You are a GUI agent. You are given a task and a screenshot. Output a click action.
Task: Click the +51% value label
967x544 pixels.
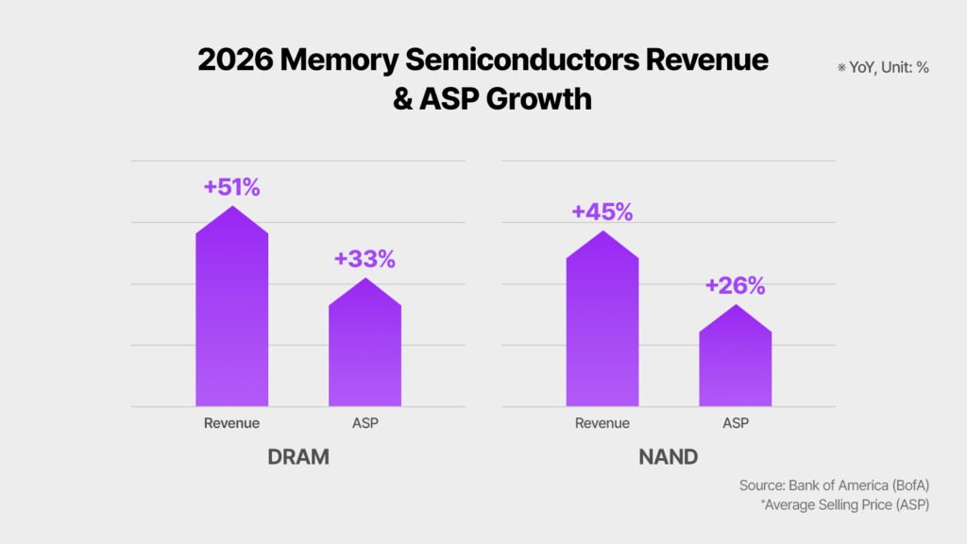pos(231,187)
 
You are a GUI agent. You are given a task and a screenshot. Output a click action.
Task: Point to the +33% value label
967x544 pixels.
pos(365,259)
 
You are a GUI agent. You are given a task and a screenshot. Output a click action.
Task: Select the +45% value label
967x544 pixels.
pos(602,212)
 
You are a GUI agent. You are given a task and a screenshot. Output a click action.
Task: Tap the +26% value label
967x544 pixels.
pos(735,285)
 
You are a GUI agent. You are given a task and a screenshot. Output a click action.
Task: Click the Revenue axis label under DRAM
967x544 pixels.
pos(231,423)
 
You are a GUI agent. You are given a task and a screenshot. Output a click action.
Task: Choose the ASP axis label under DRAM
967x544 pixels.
pos(365,423)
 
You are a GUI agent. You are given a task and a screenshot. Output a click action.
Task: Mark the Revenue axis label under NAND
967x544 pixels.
pos(602,423)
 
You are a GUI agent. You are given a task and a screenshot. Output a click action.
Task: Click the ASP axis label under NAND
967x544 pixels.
pos(736,423)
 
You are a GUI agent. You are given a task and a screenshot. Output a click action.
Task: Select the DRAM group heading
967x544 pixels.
pos(297,458)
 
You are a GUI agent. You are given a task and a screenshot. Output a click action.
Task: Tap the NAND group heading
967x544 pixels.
pos(668,458)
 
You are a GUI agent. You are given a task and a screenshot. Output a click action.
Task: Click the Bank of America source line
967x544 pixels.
pos(834,485)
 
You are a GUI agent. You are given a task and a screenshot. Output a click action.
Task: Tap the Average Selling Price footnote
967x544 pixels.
pos(844,505)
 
